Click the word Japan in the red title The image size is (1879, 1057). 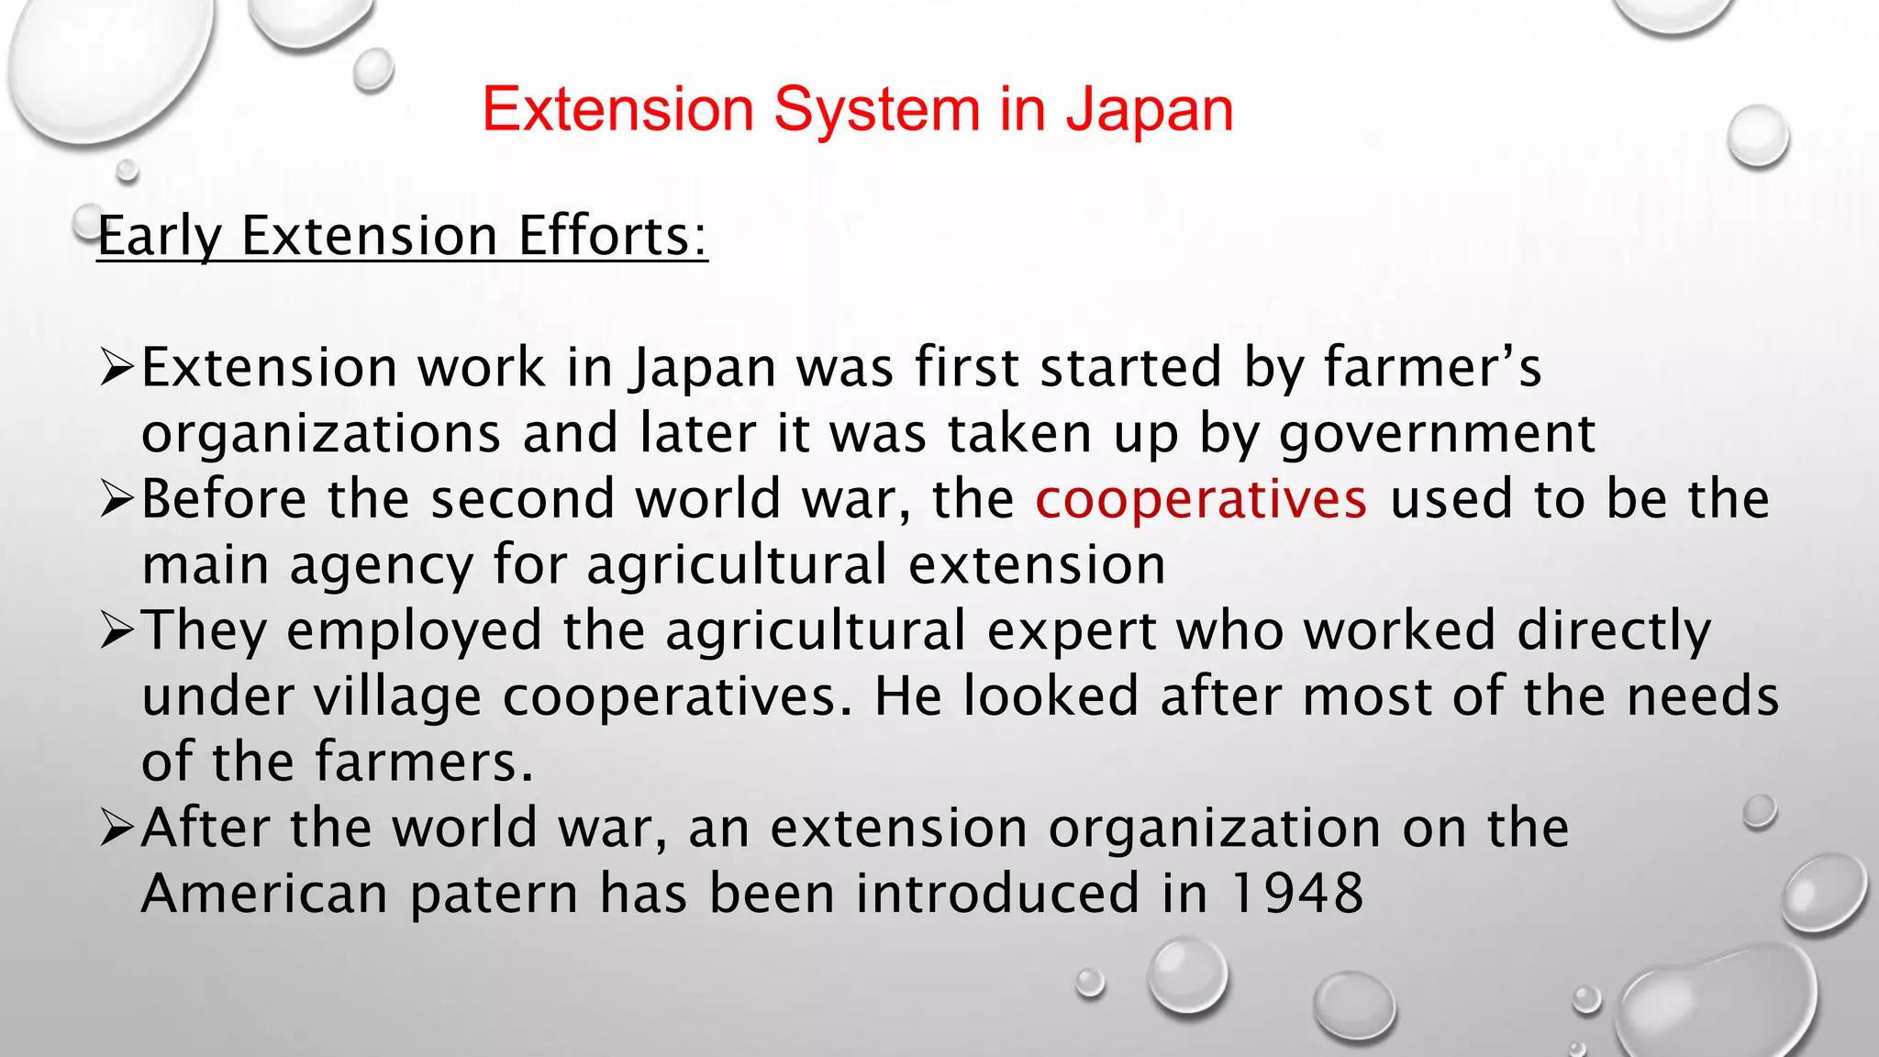(x=1149, y=110)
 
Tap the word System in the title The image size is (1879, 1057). (x=876, y=110)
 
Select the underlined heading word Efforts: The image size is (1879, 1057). (x=612, y=237)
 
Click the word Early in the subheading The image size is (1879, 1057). (x=160, y=237)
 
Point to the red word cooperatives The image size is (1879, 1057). (x=1201, y=499)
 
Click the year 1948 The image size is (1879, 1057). (x=1296, y=894)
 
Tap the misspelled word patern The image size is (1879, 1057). (x=494, y=894)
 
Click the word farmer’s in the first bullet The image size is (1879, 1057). (x=1432, y=368)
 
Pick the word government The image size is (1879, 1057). (x=1437, y=434)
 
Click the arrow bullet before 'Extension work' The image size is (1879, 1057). (x=117, y=369)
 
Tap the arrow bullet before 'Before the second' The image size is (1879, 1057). (x=117, y=500)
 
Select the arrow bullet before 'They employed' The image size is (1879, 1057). (x=117, y=631)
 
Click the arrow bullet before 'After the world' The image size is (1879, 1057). (x=117, y=829)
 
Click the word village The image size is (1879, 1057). (x=397, y=696)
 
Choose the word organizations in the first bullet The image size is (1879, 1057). (x=321, y=434)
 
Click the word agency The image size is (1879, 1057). (x=381, y=565)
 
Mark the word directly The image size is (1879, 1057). (x=1614, y=631)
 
